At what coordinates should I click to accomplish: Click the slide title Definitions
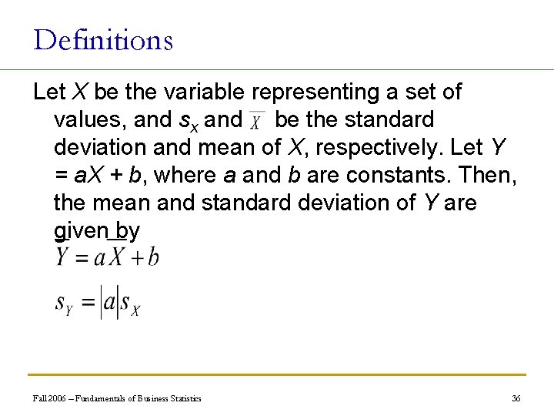coord(103,39)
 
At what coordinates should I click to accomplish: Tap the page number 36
coord(516,398)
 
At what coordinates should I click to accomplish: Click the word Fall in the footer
coord(39,398)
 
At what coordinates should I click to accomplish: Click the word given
coord(81,231)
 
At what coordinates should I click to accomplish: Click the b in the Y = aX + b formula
coord(153,257)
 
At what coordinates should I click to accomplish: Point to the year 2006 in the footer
coord(57,398)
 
